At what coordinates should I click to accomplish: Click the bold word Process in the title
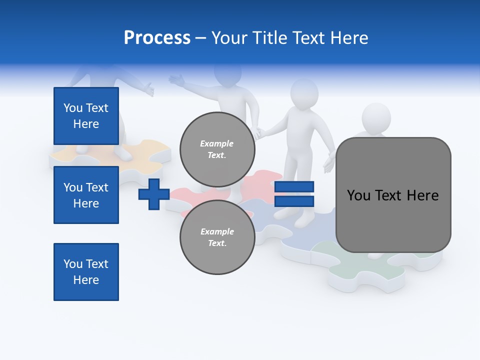(x=157, y=38)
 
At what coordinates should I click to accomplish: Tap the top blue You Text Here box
(x=86, y=116)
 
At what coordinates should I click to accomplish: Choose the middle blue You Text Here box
(x=86, y=195)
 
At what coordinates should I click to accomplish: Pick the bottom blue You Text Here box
(x=86, y=271)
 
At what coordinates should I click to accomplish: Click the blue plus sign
(x=153, y=194)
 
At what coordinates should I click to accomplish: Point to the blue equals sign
(x=294, y=194)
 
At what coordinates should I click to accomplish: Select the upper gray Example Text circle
(x=217, y=149)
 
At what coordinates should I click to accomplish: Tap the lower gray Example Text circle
(x=217, y=237)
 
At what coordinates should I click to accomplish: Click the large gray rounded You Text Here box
(x=393, y=195)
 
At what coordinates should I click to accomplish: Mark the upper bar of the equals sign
(x=294, y=187)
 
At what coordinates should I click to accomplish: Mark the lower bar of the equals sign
(x=294, y=201)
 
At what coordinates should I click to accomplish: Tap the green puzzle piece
(x=350, y=265)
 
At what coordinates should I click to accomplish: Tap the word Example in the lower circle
(x=217, y=231)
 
